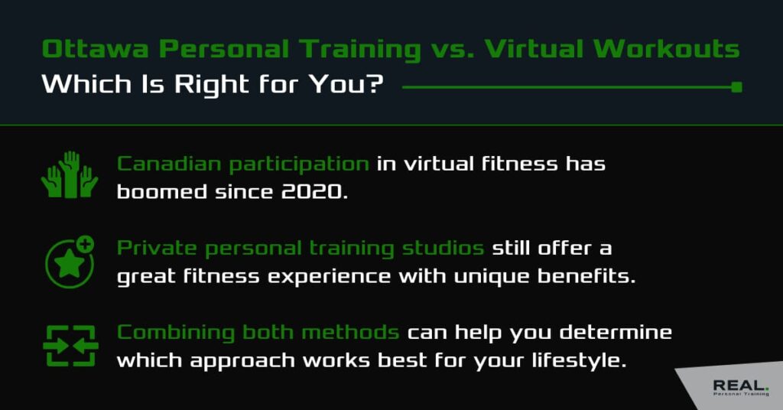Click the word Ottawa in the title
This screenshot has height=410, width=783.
click(96, 49)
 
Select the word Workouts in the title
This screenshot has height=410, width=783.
click(667, 49)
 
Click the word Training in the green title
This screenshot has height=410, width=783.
click(360, 50)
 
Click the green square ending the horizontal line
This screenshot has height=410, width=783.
click(736, 87)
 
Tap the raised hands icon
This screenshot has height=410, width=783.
click(70, 175)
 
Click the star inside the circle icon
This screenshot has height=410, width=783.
click(69, 264)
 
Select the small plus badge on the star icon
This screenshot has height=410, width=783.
click(86, 244)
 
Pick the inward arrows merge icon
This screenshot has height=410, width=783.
click(70, 346)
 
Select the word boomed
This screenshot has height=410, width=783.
click(162, 192)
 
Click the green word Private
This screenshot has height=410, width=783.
click(157, 248)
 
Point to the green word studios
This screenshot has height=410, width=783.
click(443, 248)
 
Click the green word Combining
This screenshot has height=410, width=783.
click(175, 333)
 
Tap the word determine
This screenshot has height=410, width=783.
click(616, 333)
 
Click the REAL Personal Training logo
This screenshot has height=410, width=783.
click(741, 388)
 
